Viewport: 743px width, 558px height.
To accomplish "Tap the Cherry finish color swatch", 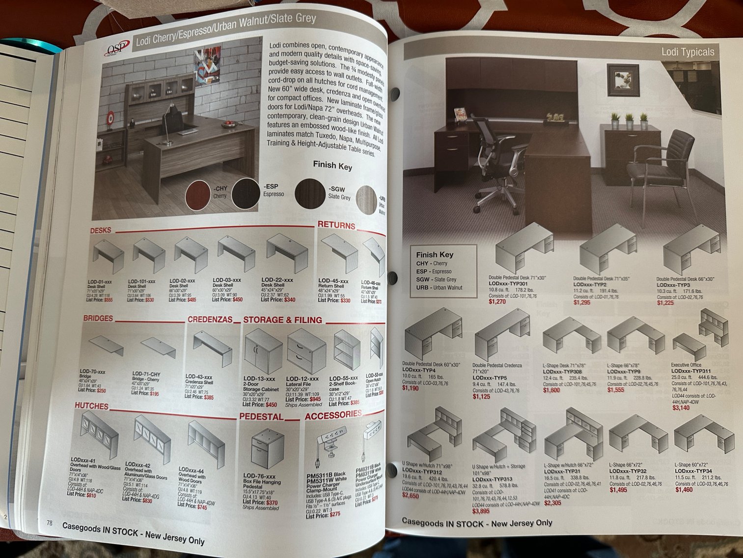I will pyautogui.click(x=198, y=195).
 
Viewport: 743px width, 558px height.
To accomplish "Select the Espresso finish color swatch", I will pyautogui.click(x=246, y=193).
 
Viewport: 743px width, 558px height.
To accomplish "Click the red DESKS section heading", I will pyautogui.click(x=101, y=230).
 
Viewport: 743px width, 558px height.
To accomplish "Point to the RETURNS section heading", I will pyautogui.click(x=336, y=225).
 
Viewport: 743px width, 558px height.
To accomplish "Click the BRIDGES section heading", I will pyautogui.click(x=98, y=318).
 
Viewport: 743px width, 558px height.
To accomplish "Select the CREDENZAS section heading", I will pyautogui.click(x=210, y=319).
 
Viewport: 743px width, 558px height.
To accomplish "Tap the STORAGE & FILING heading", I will pyautogui.click(x=282, y=320).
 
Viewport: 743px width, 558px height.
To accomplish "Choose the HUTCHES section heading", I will pyautogui.click(x=91, y=406).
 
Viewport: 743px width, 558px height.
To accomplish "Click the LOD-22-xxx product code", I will pyautogui.click(x=277, y=280).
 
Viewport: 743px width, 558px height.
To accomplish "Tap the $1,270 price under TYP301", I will pyautogui.click(x=497, y=301).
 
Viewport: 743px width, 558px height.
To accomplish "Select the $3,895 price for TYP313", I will pyautogui.click(x=481, y=511).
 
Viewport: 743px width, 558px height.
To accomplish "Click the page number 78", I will pyautogui.click(x=49, y=523).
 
